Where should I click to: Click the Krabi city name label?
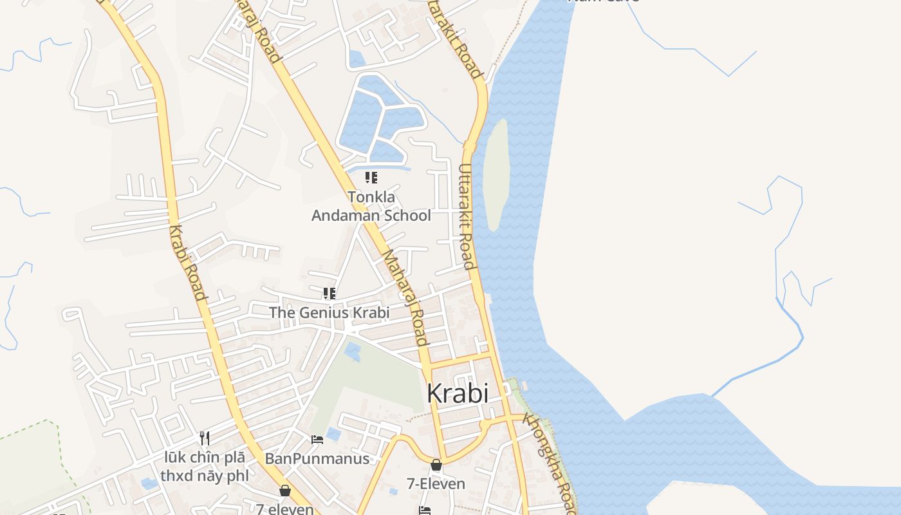(x=458, y=393)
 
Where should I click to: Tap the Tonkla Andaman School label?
(x=371, y=206)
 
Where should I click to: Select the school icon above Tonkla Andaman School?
(x=371, y=177)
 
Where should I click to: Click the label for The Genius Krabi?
(x=329, y=313)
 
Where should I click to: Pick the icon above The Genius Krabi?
(x=330, y=294)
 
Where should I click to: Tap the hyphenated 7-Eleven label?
(x=436, y=483)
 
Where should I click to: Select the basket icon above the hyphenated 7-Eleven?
(x=436, y=464)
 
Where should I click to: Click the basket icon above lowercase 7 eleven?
(x=285, y=491)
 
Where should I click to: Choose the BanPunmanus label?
(x=317, y=458)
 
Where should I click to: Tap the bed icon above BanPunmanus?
(x=317, y=440)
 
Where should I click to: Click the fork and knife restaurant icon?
(x=205, y=438)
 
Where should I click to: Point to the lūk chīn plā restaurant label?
(x=204, y=467)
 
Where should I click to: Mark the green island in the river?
(x=496, y=174)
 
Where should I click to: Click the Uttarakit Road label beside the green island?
(x=466, y=216)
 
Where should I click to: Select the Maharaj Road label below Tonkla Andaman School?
(x=406, y=297)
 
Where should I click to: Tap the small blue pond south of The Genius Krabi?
(x=352, y=351)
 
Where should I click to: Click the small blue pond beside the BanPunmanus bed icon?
(x=333, y=434)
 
